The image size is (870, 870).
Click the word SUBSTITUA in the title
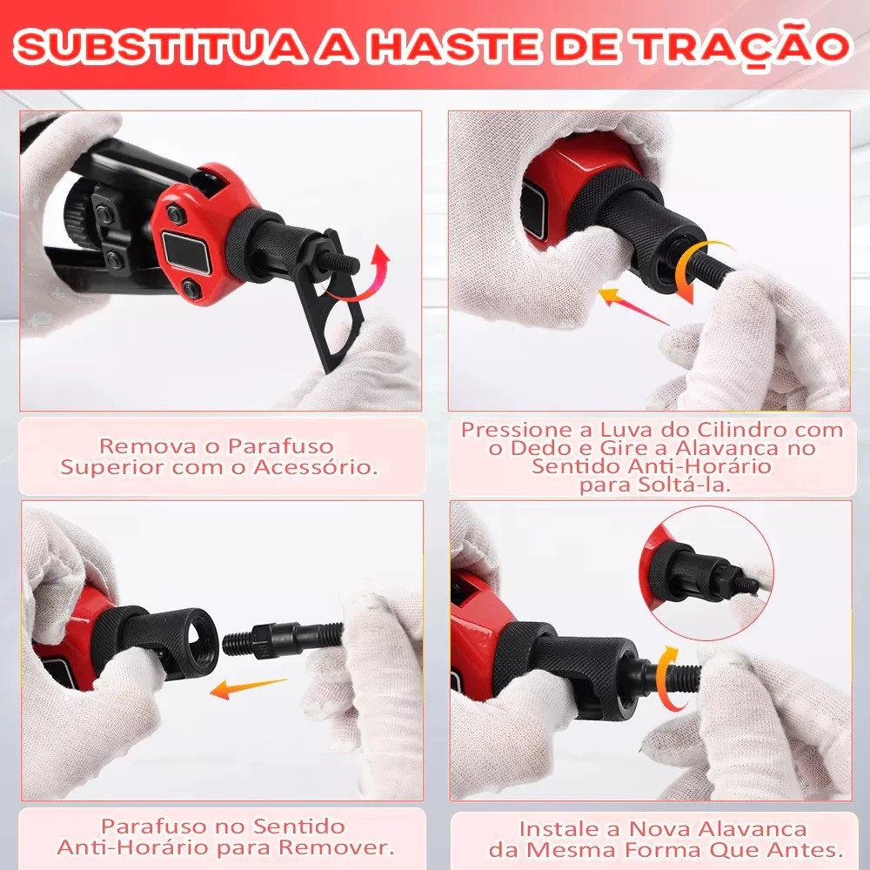click(160, 45)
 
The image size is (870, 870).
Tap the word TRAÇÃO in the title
click(744, 44)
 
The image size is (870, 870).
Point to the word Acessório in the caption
click(316, 466)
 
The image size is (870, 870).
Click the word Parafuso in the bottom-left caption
click(154, 826)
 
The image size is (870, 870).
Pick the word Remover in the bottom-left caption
click(337, 847)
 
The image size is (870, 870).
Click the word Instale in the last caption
click(559, 829)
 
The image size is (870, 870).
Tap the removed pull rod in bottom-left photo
click(282, 638)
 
